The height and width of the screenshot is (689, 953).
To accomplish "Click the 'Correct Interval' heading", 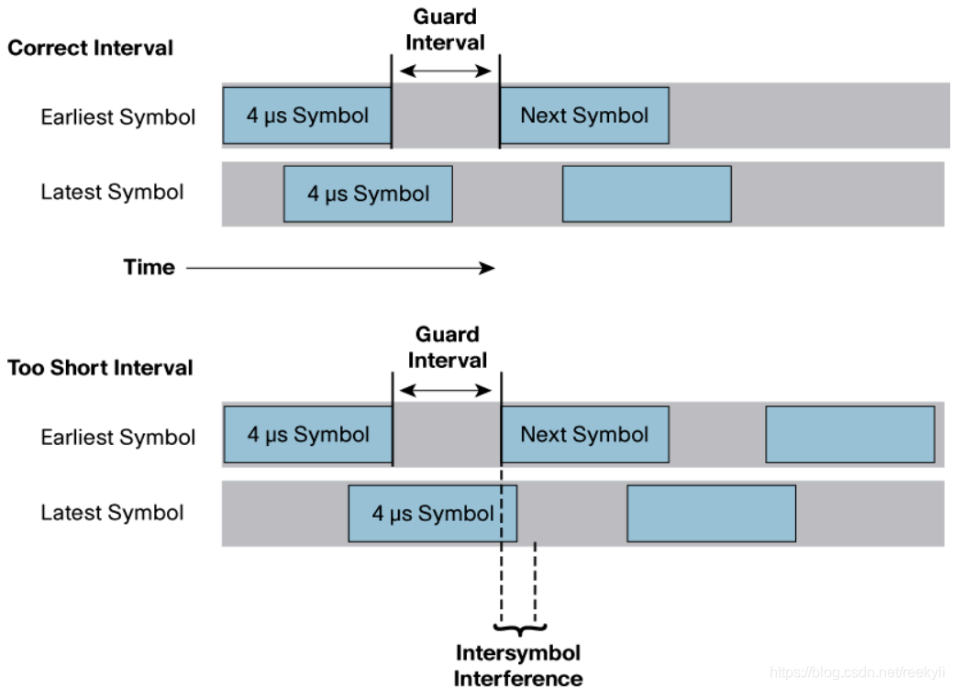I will click(x=90, y=48).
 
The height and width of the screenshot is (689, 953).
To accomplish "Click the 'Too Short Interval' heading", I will click(x=101, y=368).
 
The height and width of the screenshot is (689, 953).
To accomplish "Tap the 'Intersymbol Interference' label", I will click(x=518, y=665).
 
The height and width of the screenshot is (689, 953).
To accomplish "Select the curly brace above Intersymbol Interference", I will click(x=519, y=628).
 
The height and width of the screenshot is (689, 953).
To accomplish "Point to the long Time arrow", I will click(x=339, y=268).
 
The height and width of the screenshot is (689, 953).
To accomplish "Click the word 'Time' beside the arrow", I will click(x=149, y=267).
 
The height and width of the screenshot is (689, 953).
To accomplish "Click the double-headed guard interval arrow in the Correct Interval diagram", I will click(x=446, y=71).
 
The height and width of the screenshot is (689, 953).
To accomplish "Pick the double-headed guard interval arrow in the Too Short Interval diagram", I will click(x=447, y=390).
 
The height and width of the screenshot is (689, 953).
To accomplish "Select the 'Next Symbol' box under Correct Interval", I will click(x=584, y=116).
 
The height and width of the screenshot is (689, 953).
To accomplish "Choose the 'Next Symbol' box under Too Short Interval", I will click(x=585, y=435).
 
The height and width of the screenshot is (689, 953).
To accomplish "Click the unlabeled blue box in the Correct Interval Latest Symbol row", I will click(x=647, y=194).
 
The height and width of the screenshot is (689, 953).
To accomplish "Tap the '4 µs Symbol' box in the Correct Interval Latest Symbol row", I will click(x=368, y=194).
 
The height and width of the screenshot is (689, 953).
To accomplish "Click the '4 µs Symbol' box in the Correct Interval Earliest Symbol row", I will click(x=306, y=116).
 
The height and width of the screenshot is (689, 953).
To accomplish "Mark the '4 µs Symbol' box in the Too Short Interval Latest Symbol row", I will click(x=432, y=514).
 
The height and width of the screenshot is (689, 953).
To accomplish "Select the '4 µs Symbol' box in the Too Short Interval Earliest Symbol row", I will click(x=307, y=435).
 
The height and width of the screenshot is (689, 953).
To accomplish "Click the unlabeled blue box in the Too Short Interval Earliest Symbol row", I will click(x=850, y=435).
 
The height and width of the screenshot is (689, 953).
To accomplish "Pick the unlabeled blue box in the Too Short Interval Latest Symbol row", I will click(x=711, y=514).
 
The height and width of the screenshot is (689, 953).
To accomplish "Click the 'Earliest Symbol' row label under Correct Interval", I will click(x=117, y=117).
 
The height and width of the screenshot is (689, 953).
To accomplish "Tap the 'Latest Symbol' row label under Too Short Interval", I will click(x=112, y=513).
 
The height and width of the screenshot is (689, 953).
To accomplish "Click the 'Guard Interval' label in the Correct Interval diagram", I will click(x=446, y=29).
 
